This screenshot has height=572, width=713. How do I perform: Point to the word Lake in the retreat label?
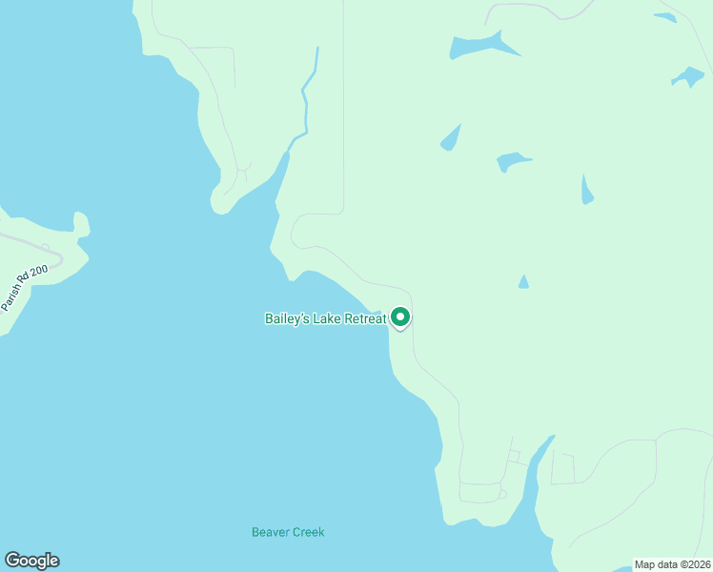point(326,319)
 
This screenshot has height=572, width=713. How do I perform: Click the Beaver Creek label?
point(288,532)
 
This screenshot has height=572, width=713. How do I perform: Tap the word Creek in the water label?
point(309,532)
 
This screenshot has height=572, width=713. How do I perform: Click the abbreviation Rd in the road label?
point(27,284)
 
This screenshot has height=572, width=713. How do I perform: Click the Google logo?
point(31,561)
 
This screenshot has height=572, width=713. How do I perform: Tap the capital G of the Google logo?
point(12,561)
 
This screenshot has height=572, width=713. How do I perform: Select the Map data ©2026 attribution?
point(672,564)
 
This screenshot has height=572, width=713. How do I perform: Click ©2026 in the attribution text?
point(692,564)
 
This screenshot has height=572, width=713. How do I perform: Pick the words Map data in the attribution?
point(655,564)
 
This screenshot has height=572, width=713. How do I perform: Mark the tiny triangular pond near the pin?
point(522,282)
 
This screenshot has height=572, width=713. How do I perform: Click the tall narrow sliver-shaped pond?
point(586,190)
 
